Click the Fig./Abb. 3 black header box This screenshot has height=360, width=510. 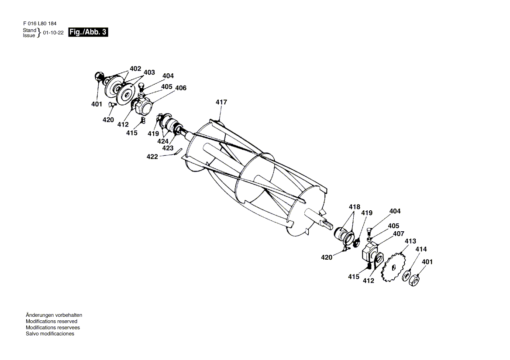click(88, 32)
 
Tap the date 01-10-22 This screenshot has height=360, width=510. click(54, 33)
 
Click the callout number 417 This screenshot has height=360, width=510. click(221, 102)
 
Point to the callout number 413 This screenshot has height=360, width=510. click(410, 241)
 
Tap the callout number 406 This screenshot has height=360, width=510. click(180, 88)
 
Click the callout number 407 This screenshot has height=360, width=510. click(398, 233)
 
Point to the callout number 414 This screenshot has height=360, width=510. click(420, 249)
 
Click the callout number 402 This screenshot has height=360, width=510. click(135, 69)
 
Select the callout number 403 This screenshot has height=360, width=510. click(149, 72)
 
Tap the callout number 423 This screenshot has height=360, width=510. click(168, 148)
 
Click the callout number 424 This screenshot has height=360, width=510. click(163, 141)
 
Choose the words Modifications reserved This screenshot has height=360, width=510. click(51, 321)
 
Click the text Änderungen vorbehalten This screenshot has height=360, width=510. click(54, 315)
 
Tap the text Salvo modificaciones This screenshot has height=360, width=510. click(50, 333)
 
